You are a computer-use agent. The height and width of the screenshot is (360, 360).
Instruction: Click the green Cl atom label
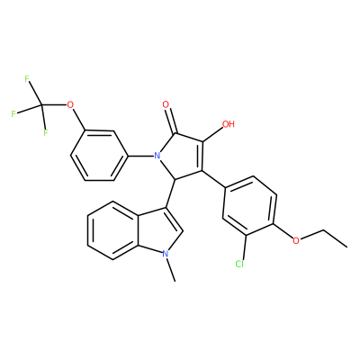[239, 264]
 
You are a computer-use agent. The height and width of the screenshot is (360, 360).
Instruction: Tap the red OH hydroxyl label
[228, 124]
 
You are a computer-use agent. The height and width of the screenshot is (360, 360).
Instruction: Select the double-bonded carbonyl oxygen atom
[166, 105]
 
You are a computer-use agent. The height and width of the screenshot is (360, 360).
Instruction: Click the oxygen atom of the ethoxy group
[296, 240]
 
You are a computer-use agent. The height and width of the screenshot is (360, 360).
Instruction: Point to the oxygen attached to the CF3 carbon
[70, 105]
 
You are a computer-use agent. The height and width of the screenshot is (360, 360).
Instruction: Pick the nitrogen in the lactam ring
[156, 156]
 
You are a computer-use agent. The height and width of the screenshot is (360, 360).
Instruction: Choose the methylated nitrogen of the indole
[165, 254]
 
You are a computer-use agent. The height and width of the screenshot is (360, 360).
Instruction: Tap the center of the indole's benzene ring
[113, 231]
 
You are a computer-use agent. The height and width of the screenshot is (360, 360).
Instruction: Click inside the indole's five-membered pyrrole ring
[159, 231]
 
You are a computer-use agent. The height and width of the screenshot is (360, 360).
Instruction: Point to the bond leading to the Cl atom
[244, 247]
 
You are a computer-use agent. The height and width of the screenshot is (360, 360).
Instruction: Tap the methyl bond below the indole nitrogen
[170, 270]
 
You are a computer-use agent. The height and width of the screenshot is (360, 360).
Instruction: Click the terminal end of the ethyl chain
[347, 247]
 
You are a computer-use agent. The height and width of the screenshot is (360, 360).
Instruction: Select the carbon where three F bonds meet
[41, 105]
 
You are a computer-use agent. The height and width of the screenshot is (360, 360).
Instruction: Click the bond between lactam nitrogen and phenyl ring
[140, 156]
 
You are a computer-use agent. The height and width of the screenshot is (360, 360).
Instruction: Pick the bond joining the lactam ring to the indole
[171, 193]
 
